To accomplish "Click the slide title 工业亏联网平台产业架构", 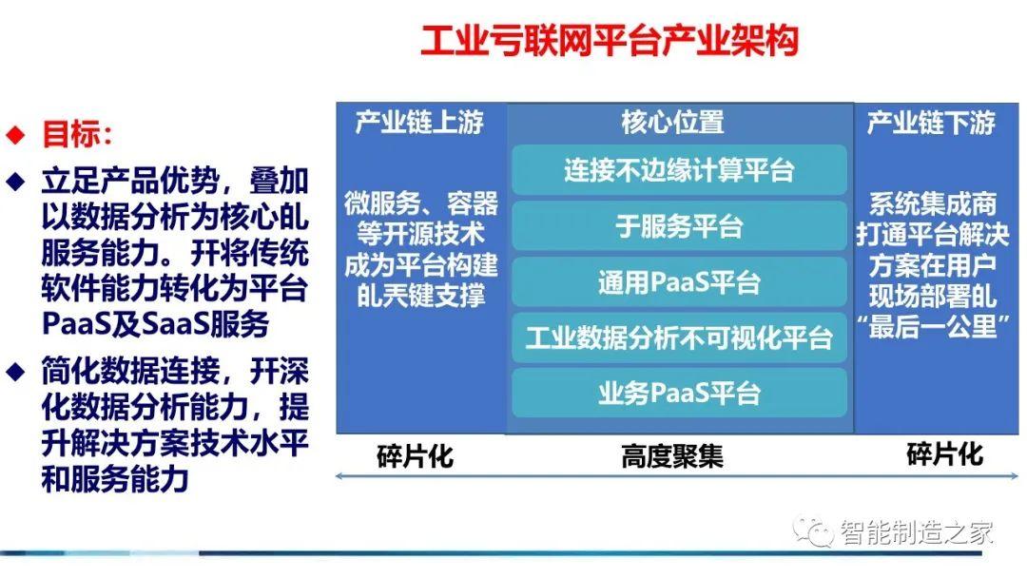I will (x=610, y=42).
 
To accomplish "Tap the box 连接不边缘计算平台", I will (x=679, y=171).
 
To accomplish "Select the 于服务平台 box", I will (x=679, y=226).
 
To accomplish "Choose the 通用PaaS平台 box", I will (x=679, y=282).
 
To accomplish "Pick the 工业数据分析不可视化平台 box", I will (x=679, y=337).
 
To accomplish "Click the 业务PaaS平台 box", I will (x=679, y=393).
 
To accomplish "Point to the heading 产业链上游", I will (x=420, y=123).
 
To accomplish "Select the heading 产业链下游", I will (x=932, y=123).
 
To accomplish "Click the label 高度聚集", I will (x=673, y=456).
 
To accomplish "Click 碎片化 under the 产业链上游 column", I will (x=416, y=456).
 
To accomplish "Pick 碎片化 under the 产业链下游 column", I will (x=945, y=454).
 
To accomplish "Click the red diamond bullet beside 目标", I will (x=15, y=134).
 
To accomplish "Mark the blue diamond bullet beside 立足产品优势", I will (x=15, y=180).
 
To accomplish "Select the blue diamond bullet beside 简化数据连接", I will (x=15, y=369).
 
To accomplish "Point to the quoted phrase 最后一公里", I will (x=932, y=326).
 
